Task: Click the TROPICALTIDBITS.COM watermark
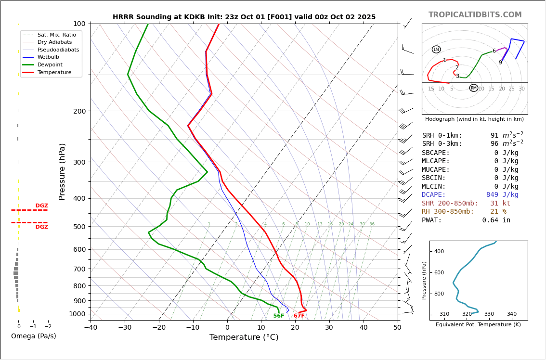pos(475,15)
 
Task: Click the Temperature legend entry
pos(54,73)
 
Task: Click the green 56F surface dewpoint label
pos(278,316)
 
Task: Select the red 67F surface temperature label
pos(299,316)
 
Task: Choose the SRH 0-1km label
pos(442,136)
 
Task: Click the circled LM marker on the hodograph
pos(436,50)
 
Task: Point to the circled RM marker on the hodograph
pos(474,88)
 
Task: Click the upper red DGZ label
pos(42,206)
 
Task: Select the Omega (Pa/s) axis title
pos(34,336)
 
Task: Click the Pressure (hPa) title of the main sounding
pos(62,171)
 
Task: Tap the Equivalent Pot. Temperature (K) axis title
pos(478,325)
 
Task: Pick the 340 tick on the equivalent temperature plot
pos(511,314)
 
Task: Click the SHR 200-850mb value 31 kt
pos(500,204)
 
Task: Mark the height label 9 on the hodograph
pos(500,63)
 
